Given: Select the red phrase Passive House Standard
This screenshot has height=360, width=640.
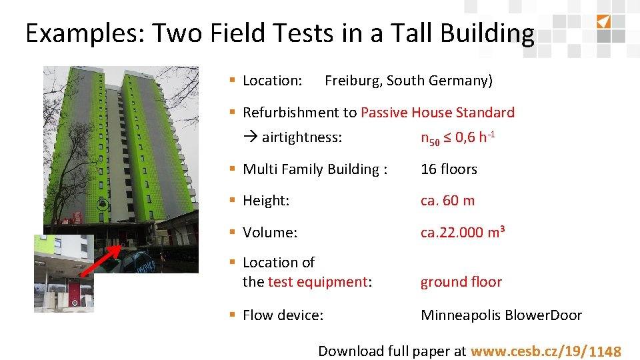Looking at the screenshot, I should [437, 113].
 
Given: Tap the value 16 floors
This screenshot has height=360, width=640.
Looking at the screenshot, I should [449, 169].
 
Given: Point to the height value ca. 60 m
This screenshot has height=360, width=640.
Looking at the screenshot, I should [447, 201].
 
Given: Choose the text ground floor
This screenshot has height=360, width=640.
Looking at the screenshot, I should [461, 282].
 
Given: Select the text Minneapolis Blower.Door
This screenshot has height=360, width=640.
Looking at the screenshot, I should [501, 315].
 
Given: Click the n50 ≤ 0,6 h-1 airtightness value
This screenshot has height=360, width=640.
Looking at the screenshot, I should [457, 138].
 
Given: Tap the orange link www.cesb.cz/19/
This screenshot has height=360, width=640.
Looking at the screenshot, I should [528, 351].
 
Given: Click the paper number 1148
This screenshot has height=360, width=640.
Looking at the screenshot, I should [605, 352].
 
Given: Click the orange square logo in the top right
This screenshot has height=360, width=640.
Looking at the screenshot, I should [603, 21].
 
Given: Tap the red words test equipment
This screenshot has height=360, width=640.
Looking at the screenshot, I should [317, 282].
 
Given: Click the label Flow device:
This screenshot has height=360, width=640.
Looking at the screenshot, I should [283, 315].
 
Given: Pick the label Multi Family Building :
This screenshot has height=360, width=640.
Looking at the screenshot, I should [315, 169].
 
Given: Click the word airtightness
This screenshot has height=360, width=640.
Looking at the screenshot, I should [301, 138].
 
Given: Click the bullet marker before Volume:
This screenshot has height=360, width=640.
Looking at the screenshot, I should [233, 233].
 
